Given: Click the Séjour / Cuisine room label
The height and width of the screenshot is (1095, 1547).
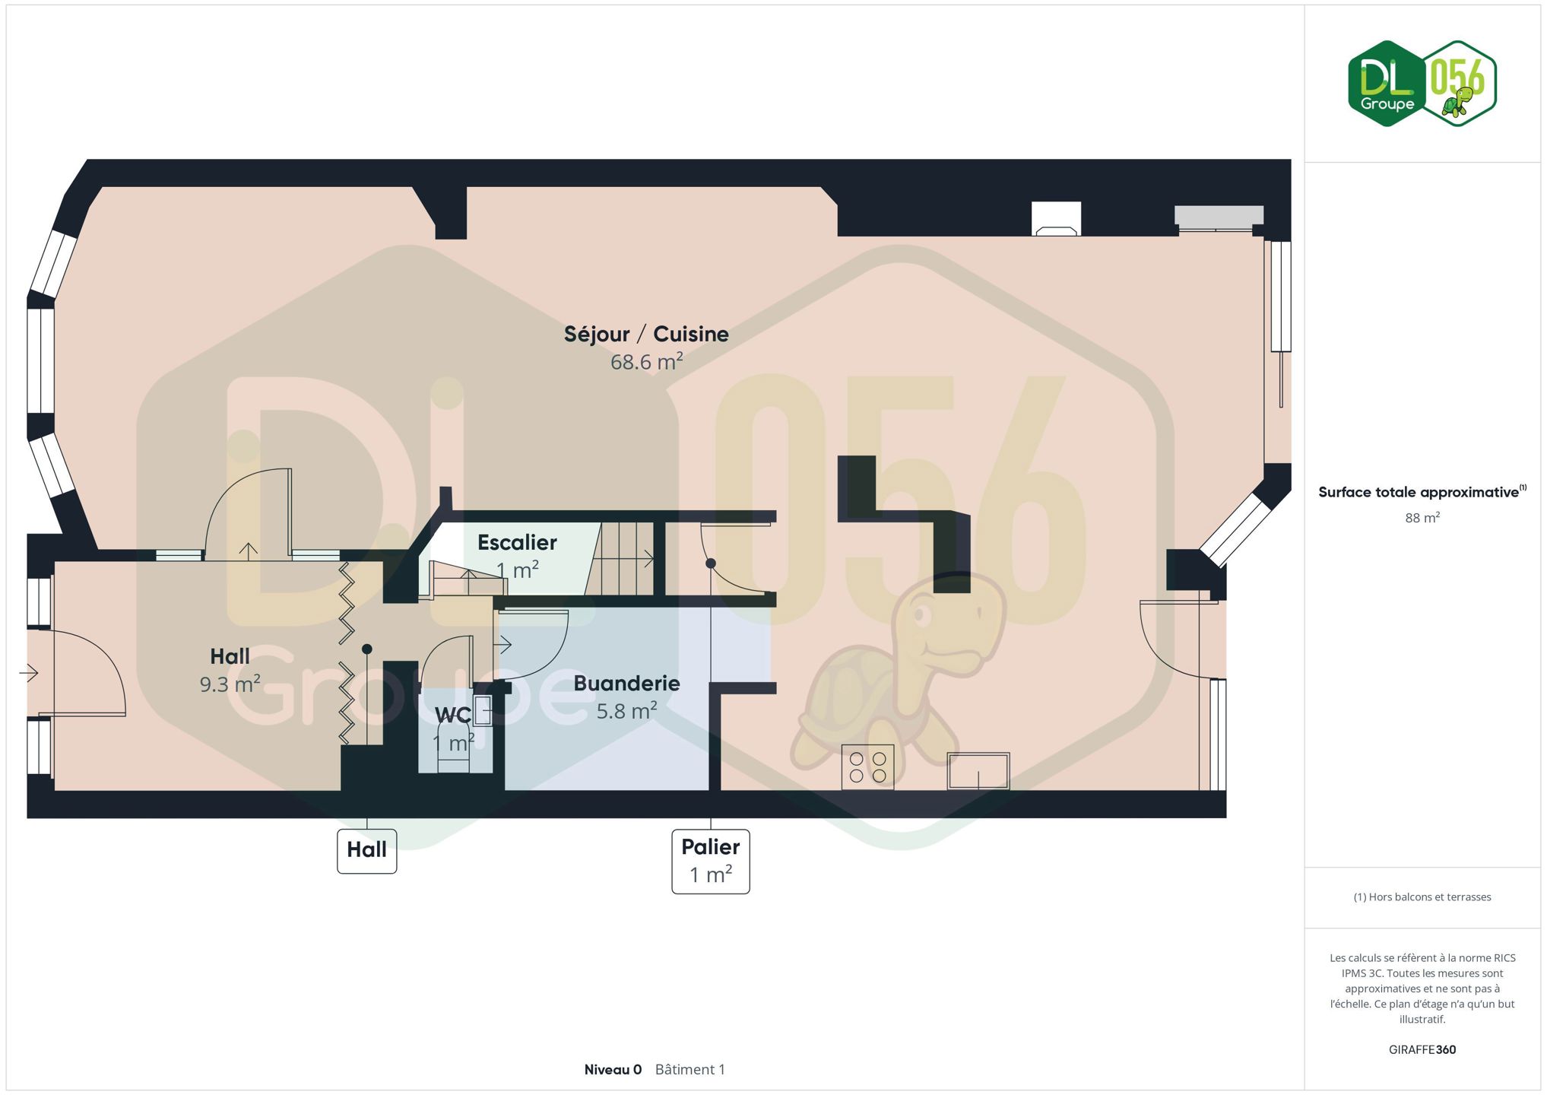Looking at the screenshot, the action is point(646,335).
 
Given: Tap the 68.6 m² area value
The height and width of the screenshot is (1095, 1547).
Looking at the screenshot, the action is point(647,361).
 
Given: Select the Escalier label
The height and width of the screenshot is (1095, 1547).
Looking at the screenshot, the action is point(517,542).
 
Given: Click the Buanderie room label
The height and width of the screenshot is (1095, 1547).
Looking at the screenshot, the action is point(626,683).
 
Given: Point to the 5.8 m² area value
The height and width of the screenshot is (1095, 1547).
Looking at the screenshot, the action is point(626,710).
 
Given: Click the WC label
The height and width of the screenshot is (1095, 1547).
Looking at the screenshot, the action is point(453,715).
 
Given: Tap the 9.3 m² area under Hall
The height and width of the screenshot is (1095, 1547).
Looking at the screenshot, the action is point(230,684).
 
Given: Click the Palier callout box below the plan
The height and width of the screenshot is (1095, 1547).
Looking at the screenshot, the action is point(711,862).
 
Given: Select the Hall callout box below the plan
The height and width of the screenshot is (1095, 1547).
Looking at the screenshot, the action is point(367,851).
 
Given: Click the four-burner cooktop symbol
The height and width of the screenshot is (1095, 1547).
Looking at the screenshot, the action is point(868,767).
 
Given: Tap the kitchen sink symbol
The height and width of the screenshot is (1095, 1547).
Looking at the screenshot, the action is point(978,771).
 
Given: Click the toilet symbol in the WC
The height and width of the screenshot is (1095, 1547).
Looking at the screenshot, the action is point(454,749).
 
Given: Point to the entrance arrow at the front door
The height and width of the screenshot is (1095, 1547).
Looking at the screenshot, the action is point(29,673).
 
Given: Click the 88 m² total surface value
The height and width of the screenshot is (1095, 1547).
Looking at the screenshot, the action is point(1422,518).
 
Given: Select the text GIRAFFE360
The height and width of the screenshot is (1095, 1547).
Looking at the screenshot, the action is point(1422,1049).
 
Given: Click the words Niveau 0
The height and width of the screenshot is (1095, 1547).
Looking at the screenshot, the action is point(613,1069).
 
